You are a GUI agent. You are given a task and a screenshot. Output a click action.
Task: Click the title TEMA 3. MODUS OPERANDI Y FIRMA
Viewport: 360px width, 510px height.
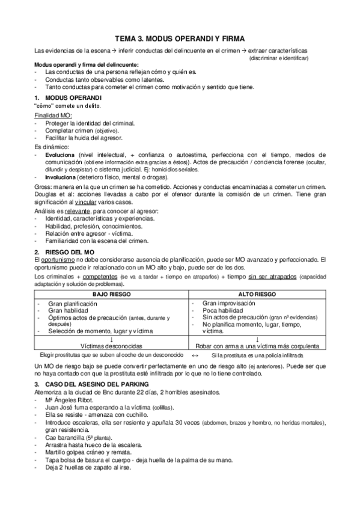tap(180, 37)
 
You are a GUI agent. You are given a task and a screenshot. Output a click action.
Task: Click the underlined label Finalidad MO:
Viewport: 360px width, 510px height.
tap(53, 115)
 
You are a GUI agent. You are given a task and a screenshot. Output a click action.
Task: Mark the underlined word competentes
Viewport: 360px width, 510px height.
tap(99, 276)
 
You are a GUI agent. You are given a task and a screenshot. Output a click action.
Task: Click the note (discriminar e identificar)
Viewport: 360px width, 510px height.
tap(279, 58)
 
